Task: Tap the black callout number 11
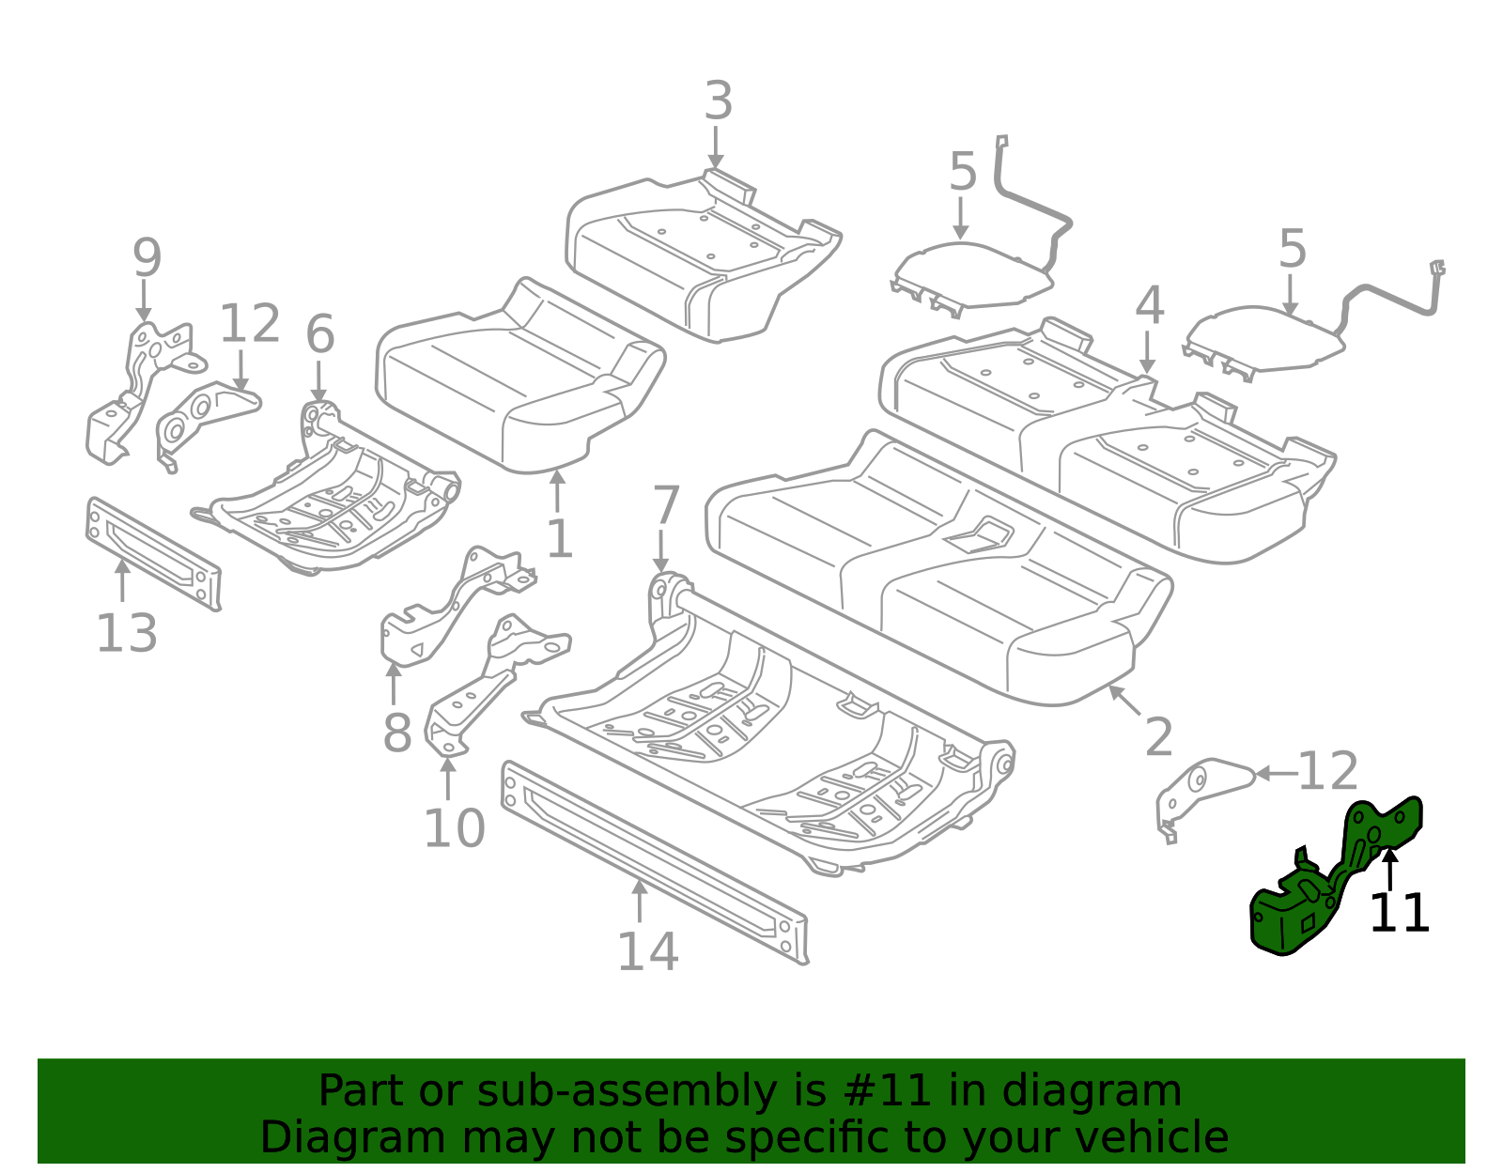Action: pyautogui.click(x=1399, y=914)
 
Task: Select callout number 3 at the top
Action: pyautogui.click(x=718, y=101)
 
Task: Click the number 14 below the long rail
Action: pyautogui.click(x=647, y=951)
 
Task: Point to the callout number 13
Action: pyautogui.click(x=127, y=634)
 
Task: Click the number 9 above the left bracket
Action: pyautogui.click(x=147, y=258)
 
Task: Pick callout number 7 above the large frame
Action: pyautogui.click(x=665, y=506)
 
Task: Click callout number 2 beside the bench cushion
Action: pyautogui.click(x=1158, y=737)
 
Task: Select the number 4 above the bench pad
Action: pyautogui.click(x=1150, y=307)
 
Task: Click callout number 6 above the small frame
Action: pyautogui.click(x=320, y=334)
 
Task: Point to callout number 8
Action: pyautogui.click(x=396, y=733)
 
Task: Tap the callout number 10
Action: pyautogui.click(x=454, y=828)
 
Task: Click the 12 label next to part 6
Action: pyautogui.click(x=250, y=325)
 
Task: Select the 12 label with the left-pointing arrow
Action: pyautogui.click(x=1327, y=772)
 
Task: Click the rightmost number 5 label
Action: pyautogui.click(x=1293, y=250)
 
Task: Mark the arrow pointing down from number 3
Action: pyautogui.click(x=716, y=150)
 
